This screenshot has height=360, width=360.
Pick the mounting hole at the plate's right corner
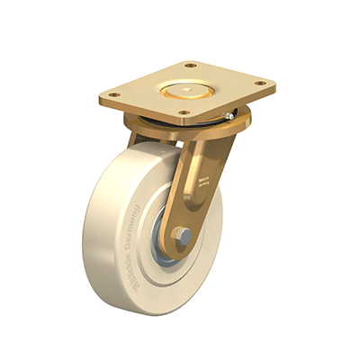pos(260,84)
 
